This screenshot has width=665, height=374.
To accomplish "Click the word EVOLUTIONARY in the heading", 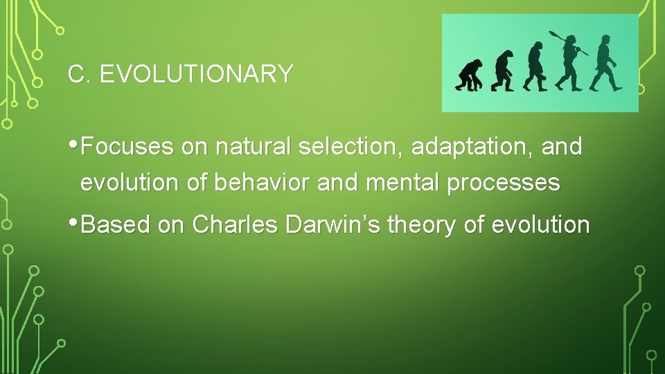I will point(197,74).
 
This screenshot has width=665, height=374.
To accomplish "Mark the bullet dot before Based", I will point(74,224).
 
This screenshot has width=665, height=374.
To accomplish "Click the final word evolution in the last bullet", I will point(553,224).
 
